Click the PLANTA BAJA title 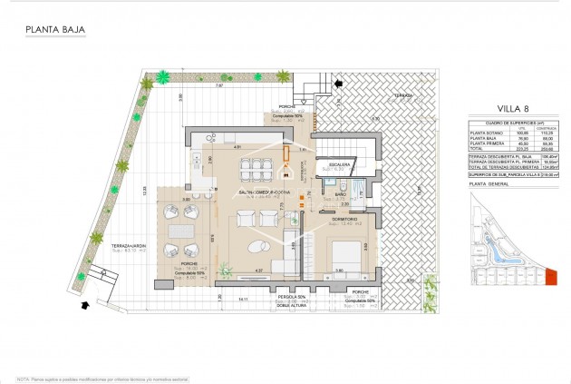(x=54, y=29)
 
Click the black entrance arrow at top (x=339, y=84)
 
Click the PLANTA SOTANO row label (x=482, y=133)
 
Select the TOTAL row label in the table (x=477, y=148)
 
